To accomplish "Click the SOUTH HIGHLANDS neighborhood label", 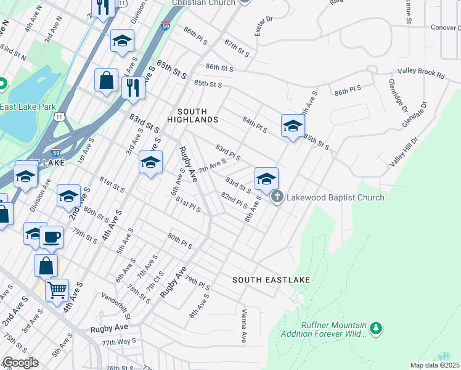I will point(197,115).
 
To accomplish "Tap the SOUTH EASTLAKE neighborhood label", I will point(271,280).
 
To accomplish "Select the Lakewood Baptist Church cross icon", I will point(277,197).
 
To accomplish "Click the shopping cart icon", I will point(57,289).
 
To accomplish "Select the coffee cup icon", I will point(52,236).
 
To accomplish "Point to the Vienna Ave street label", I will point(245,326).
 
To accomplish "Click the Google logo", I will point(20,363).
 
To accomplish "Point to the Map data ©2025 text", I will point(435,365).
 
